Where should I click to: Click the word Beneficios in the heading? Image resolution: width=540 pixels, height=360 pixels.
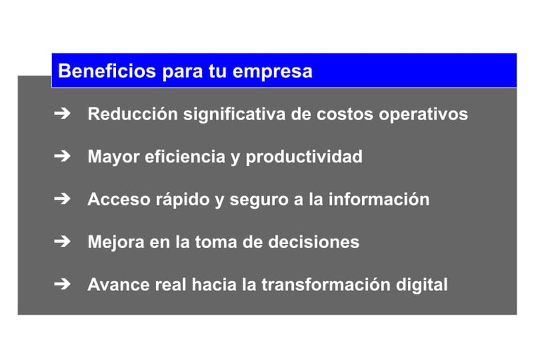pos(107,71)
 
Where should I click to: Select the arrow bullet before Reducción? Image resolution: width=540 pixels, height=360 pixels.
pos(63,113)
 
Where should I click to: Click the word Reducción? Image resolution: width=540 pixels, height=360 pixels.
pos(133,114)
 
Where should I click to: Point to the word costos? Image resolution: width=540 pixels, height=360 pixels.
pos(345,115)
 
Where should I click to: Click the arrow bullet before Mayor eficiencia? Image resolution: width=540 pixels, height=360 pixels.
pos(63,156)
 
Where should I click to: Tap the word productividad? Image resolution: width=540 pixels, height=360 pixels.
pos(304,157)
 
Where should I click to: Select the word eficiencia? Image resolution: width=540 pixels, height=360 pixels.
pos(186,156)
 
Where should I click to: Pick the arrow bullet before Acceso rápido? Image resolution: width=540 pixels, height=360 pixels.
pos(63,199)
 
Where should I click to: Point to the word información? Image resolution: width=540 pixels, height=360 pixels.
pos(379,199)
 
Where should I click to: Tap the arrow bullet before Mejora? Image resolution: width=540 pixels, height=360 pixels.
pos(63,241)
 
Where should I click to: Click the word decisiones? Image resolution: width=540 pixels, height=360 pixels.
pos(314,242)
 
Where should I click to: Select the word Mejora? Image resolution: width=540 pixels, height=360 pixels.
pos(116,243)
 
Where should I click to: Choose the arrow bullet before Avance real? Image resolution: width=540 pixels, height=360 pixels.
pos(63,284)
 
